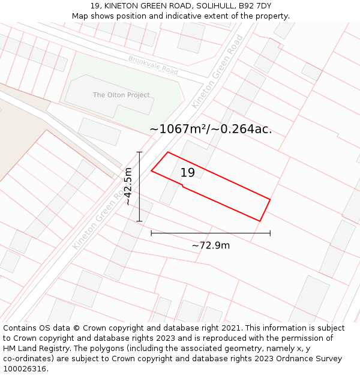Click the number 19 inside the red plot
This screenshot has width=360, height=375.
pos(187,173)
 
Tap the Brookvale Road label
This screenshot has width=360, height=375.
pos(153,65)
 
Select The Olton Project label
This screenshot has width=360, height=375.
pos(121,95)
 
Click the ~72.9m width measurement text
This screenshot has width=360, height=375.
pos(211,245)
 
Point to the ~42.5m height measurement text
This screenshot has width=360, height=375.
pos(128,187)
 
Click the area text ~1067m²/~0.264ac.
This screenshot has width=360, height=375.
pos(211,129)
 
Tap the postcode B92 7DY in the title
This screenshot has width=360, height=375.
pos(256,6)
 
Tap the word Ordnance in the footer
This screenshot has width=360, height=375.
pos(289,359)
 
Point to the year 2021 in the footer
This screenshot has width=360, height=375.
pos(230,328)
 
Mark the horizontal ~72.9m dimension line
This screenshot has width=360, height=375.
pos(211,233)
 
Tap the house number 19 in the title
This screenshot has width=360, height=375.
pos(95,6)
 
